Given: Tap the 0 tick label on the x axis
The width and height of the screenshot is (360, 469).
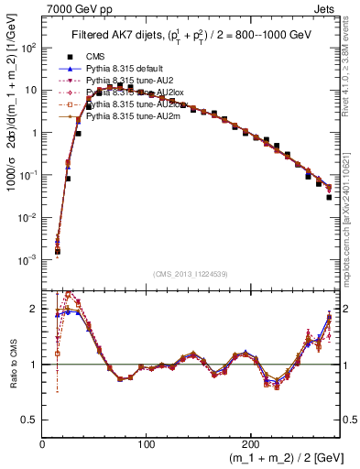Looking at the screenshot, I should pyautogui.click(x=43, y=444).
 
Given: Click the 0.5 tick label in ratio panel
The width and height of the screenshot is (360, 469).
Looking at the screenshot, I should pyautogui.click(x=29, y=420).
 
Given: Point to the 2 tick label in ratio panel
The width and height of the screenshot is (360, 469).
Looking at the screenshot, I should pyautogui.click(x=34, y=309).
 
